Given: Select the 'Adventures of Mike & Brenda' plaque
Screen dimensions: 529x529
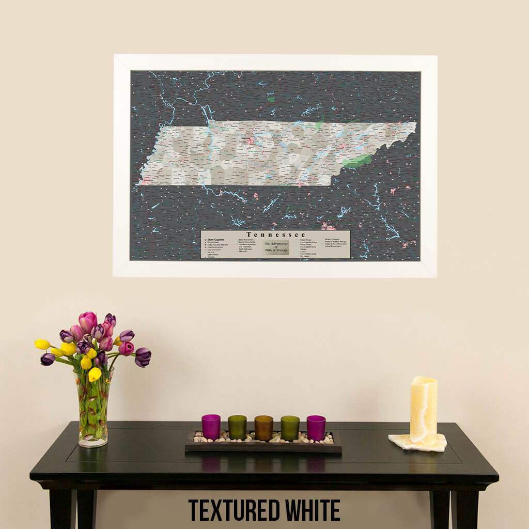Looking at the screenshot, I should [x=275, y=247].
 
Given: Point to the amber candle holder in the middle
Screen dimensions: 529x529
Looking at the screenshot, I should [x=263, y=428].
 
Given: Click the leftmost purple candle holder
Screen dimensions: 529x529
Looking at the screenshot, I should [x=211, y=427].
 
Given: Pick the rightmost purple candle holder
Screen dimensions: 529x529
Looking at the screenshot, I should [x=316, y=427].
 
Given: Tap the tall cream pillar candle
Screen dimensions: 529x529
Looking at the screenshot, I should [x=423, y=410].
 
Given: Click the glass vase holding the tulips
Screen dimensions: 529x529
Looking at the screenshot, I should [x=94, y=411].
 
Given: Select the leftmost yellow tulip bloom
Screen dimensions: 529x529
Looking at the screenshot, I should [x=42, y=344].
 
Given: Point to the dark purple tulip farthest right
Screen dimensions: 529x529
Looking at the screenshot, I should [x=143, y=356].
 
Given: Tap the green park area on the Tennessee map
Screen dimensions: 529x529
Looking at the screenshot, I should [x=356, y=161].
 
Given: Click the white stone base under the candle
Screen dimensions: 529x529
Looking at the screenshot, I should [x=417, y=442].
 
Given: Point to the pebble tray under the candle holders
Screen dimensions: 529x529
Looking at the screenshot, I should [x=263, y=445].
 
